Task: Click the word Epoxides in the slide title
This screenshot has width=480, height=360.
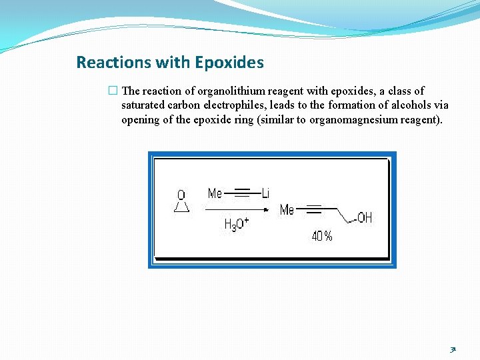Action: [229, 63]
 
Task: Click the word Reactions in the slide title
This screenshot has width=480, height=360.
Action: [114, 63]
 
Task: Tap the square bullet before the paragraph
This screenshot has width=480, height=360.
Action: [112, 91]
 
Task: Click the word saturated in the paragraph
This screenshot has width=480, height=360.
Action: [143, 105]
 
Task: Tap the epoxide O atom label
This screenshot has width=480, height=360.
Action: [181, 195]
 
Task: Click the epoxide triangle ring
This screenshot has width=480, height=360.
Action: [181, 207]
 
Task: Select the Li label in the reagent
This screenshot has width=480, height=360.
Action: [265, 193]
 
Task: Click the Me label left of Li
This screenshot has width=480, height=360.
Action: [215, 193]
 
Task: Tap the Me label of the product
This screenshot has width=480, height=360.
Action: [287, 210]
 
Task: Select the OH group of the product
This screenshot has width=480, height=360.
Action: [365, 218]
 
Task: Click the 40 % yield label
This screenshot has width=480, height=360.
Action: [322, 236]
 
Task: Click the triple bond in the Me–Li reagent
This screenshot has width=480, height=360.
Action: [242, 193]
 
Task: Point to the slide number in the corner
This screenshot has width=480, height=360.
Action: [453, 349]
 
